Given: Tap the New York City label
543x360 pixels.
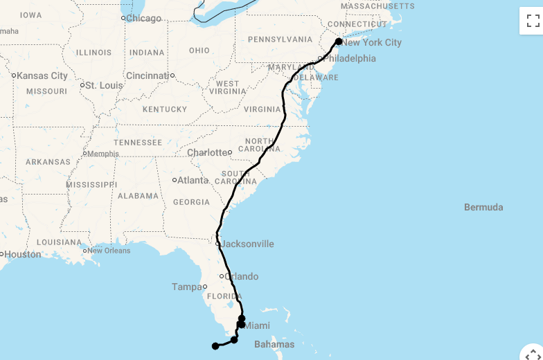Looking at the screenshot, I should pyautogui.click(x=373, y=43).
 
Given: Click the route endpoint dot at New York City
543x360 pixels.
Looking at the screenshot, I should pyautogui.click(x=339, y=42).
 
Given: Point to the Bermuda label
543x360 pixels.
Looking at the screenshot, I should pyautogui.click(x=483, y=208).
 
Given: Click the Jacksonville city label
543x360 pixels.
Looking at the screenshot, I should pyautogui.click(x=247, y=244).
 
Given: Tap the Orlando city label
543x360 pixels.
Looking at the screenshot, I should pyautogui.click(x=241, y=277).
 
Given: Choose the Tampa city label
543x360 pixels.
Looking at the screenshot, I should pyautogui.click(x=186, y=287).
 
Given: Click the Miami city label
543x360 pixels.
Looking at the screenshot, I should pyautogui.click(x=258, y=326).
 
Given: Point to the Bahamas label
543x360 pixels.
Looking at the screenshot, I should pyautogui.click(x=274, y=345).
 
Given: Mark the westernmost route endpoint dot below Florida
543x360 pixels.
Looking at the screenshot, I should pyautogui.click(x=215, y=346).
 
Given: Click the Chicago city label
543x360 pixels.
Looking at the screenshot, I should pyautogui.click(x=143, y=19).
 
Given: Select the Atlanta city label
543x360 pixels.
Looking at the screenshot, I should pyautogui.click(x=193, y=181).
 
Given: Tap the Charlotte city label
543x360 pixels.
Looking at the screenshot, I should pyautogui.click(x=208, y=153).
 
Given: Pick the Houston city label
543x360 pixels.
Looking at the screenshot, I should pyautogui.click(x=23, y=255).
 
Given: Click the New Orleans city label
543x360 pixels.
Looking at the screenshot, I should pyautogui.click(x=109, y=251).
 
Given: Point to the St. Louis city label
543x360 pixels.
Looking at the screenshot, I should pyautogui.click(x=105, y=86).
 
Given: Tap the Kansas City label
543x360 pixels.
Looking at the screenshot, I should pyautogui.click(x=42, y=76).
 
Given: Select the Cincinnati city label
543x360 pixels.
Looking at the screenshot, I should pyautogui.click(x=148, y=75).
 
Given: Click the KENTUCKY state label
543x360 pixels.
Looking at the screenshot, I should pyautogui.click(x=165, y=109).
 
